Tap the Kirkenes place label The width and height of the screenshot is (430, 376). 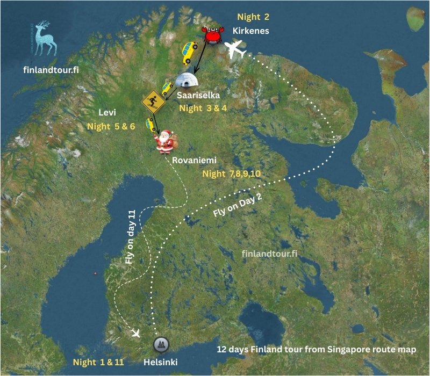click(250, 31)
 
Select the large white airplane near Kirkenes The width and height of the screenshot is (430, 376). click(236, 51)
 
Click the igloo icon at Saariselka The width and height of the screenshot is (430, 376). click(187, 80)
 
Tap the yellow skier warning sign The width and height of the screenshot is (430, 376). click(152, 100)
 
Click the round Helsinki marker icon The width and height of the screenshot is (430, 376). click(160, 344)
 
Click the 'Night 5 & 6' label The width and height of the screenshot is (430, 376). click(111, 127)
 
